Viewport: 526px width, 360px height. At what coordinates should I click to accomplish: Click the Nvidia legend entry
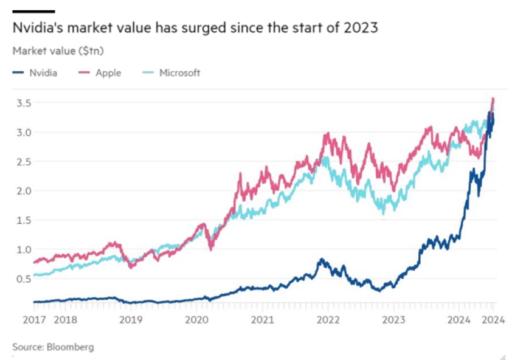tap(43, 73)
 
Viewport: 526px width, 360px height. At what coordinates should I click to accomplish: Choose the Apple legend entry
tap(108, 73)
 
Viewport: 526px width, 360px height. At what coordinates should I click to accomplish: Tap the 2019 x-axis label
tap(130, 319)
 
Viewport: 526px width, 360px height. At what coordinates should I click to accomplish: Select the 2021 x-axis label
tap(261, 319)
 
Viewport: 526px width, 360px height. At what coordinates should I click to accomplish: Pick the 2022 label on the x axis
tap(328, 319)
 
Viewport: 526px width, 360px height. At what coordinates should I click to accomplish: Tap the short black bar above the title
tap(33, 11)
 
